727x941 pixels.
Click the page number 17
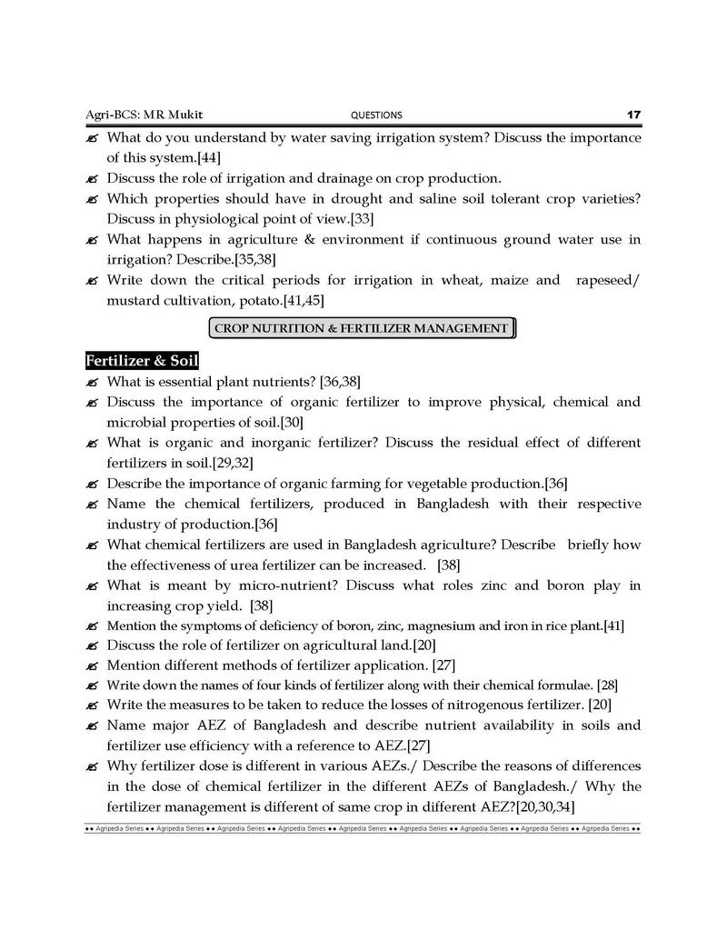pos(633,115)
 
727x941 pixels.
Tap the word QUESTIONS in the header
pos(375,115)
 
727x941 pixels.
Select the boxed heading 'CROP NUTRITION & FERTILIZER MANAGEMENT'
pos(362,328)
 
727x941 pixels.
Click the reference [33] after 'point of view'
pos(363,219)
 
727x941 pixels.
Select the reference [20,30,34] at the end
pos(544,806)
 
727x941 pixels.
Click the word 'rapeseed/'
pos(608,280)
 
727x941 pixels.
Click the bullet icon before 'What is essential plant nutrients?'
pos(93,382)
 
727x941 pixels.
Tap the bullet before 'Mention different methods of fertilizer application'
pos(93,666)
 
